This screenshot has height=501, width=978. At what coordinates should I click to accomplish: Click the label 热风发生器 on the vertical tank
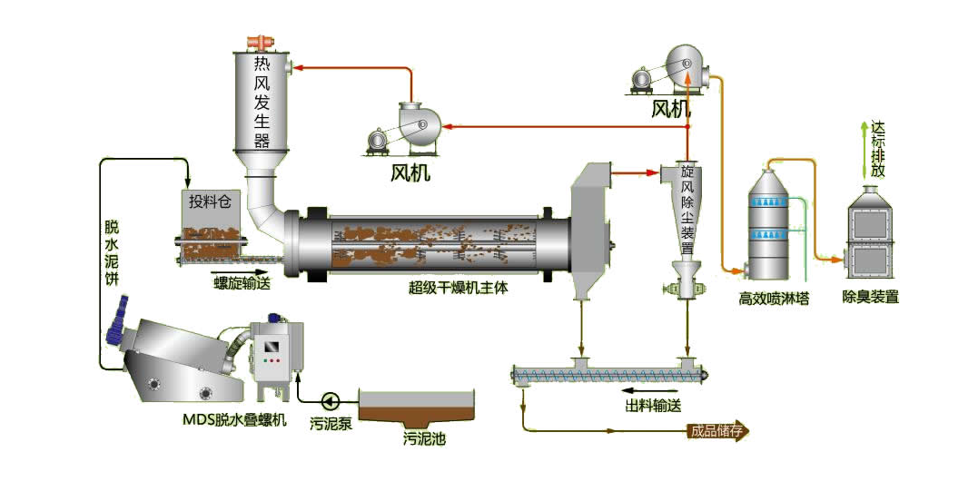click(x=262, y=101)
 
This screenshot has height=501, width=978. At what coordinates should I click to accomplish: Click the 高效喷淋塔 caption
click(x=774, y=296)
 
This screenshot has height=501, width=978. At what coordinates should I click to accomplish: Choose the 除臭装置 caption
click(x=870, y=296)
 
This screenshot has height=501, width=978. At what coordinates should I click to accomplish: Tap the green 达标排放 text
click(x=876, y=149)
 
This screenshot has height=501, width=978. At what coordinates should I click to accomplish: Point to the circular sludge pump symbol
click(x=329, y=399)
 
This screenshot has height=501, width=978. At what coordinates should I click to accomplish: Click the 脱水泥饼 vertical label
click(x=112, y=251)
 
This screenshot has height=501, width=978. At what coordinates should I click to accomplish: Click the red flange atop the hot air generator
click(x=262, y=42)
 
